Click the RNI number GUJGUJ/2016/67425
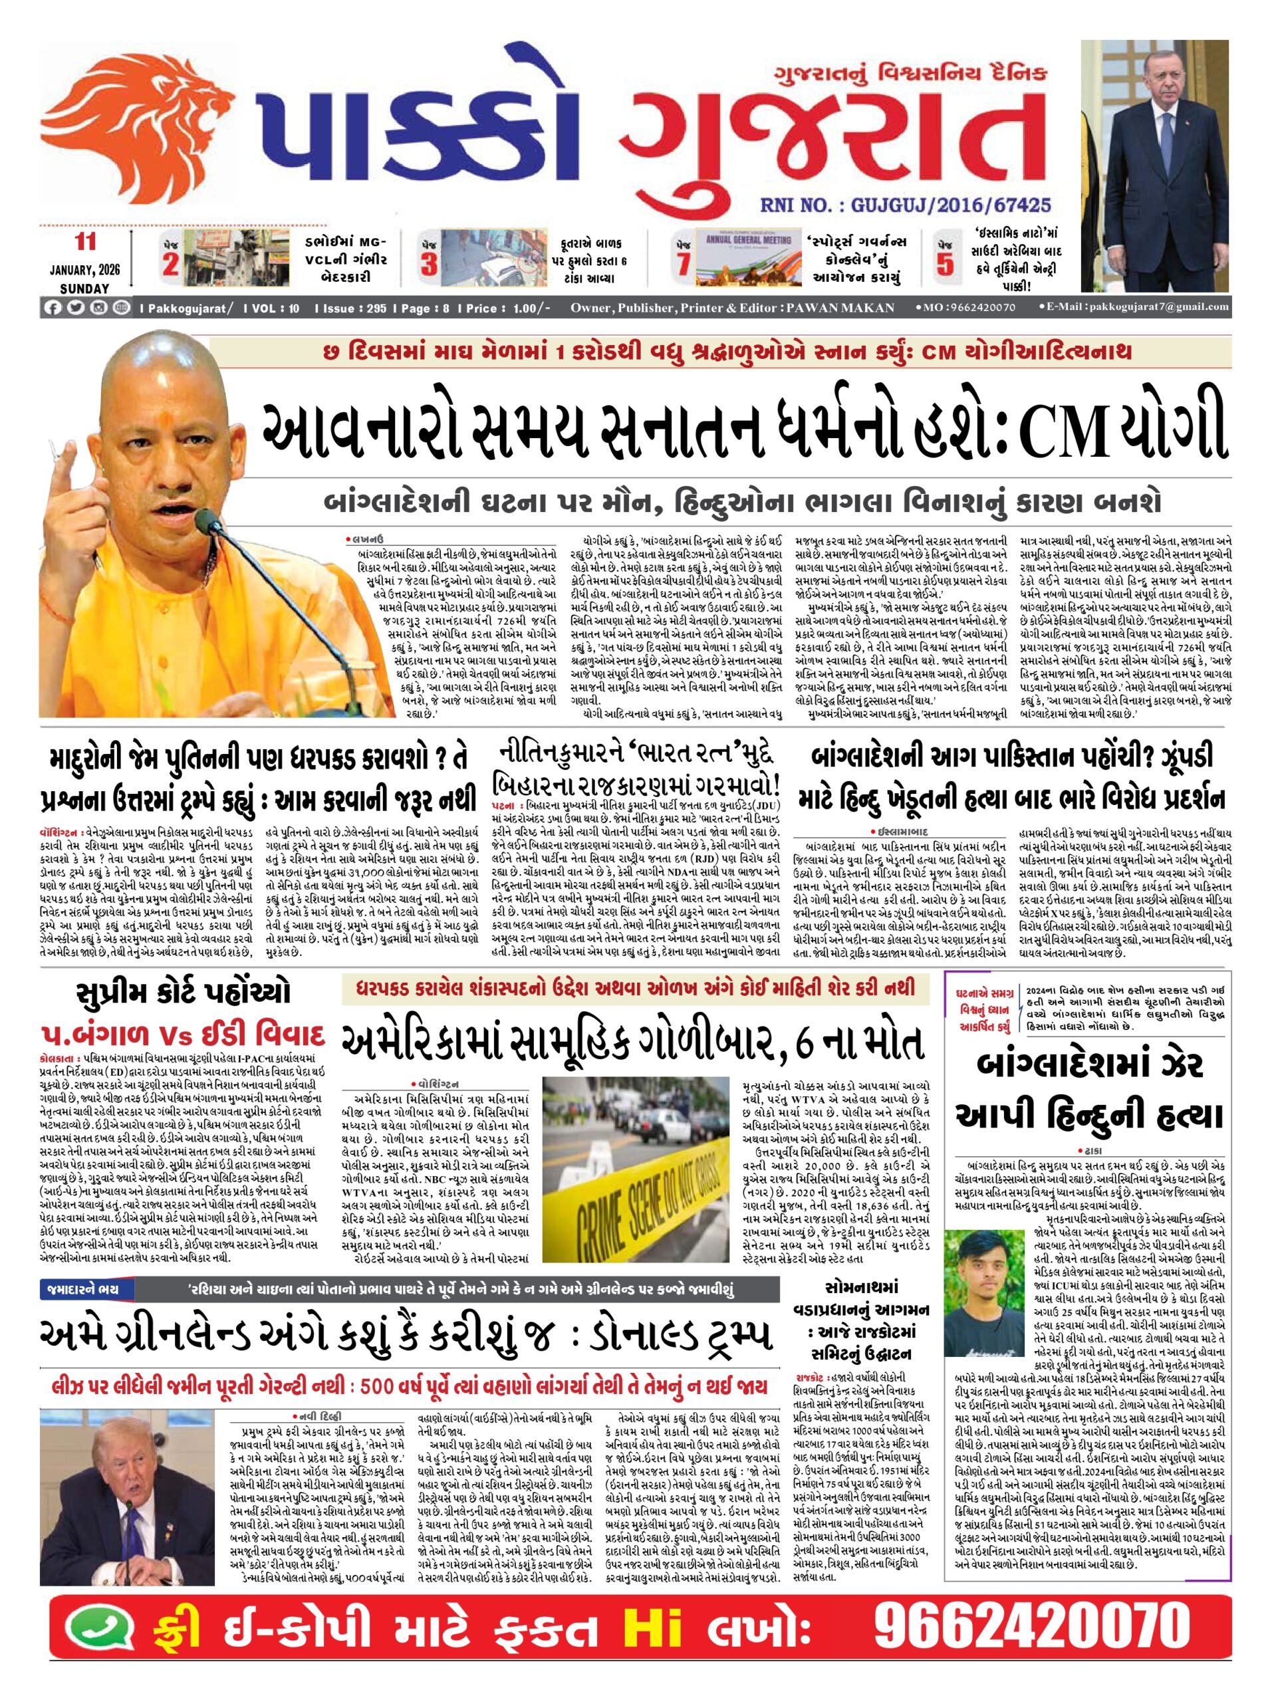point(905,205)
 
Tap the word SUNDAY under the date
point(84,289)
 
